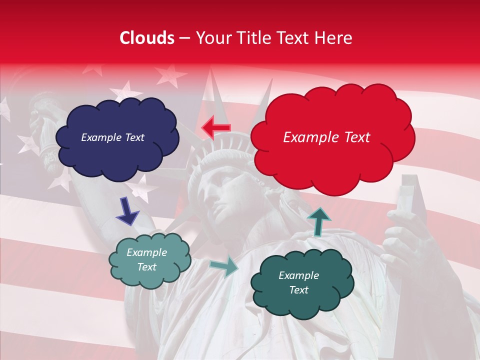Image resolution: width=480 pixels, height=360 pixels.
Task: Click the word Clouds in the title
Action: [x=147, y=38]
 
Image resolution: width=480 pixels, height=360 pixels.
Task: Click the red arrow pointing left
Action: [x=216, y=127]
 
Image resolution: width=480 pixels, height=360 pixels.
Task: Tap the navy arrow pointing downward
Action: [x=127, y=211]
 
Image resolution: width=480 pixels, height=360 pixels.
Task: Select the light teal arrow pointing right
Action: [x=224, y=267]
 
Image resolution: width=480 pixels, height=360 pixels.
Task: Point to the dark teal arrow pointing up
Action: [x=318, y=221]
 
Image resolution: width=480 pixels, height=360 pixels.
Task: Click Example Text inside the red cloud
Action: [x=326, y=137]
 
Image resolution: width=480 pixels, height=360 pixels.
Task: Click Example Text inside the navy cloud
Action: [x=112, y=137]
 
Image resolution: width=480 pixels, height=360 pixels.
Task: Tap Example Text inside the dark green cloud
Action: [x=298, y=282]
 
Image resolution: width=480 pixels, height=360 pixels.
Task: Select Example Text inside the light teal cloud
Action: [x=146, y=259]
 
